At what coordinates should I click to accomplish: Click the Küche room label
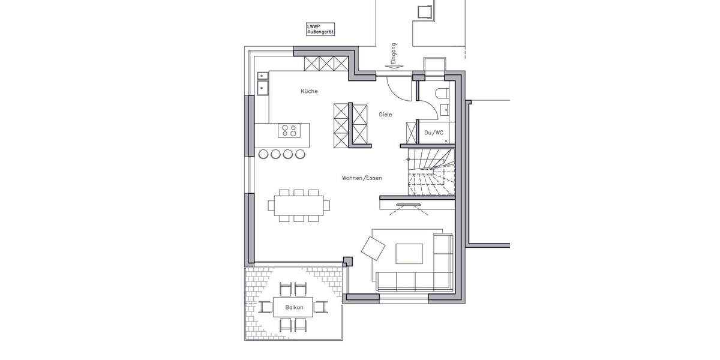309,91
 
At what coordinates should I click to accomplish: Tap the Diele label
385,114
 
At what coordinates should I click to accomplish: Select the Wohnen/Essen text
362,178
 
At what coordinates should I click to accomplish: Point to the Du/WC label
434,132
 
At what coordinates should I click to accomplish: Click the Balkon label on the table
294,307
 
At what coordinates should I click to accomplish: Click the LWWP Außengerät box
320,29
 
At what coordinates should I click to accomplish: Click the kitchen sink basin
263,88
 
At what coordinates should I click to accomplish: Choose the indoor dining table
298,205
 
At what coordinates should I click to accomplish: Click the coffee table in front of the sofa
410,253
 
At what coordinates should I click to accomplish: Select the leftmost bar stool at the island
263,154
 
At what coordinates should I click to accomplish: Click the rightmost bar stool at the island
299,154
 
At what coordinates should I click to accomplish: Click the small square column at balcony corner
347,261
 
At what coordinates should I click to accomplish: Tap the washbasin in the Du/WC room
444,109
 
